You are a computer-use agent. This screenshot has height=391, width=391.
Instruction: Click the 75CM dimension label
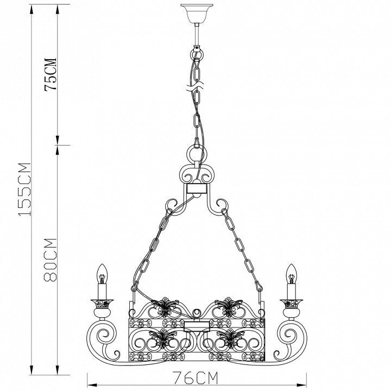51,74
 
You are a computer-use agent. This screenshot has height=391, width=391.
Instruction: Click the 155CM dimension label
24,189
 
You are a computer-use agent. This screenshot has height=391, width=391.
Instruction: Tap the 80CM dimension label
51,260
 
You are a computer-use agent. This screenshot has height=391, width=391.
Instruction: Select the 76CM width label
195,378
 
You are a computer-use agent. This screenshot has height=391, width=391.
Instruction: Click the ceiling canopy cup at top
197,14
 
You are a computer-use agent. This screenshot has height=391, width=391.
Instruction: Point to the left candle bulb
102,274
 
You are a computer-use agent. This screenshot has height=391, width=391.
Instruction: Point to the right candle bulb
291,274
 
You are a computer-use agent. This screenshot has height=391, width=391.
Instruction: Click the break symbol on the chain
195,86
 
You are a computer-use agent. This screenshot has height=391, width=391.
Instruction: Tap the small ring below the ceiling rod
197,54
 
